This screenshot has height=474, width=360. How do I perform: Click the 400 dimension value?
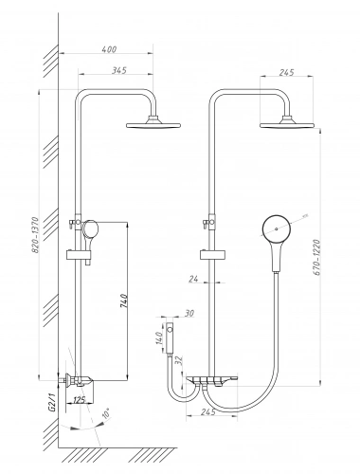coord(110,49)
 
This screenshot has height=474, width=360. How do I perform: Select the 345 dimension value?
coord(119,70)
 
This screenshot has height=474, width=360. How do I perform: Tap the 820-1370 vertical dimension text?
coord(36,234)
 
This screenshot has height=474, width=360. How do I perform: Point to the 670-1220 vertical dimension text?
coord(317,257)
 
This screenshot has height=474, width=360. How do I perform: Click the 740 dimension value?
coord(124,301)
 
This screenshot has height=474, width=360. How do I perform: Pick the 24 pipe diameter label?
coord(193,279)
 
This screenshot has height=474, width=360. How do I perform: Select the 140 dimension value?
coord(159,337)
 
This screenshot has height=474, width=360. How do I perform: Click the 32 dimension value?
coord(179,361)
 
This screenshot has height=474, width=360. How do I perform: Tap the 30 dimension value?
coord(189,313)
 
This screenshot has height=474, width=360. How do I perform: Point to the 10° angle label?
coord(106,413)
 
